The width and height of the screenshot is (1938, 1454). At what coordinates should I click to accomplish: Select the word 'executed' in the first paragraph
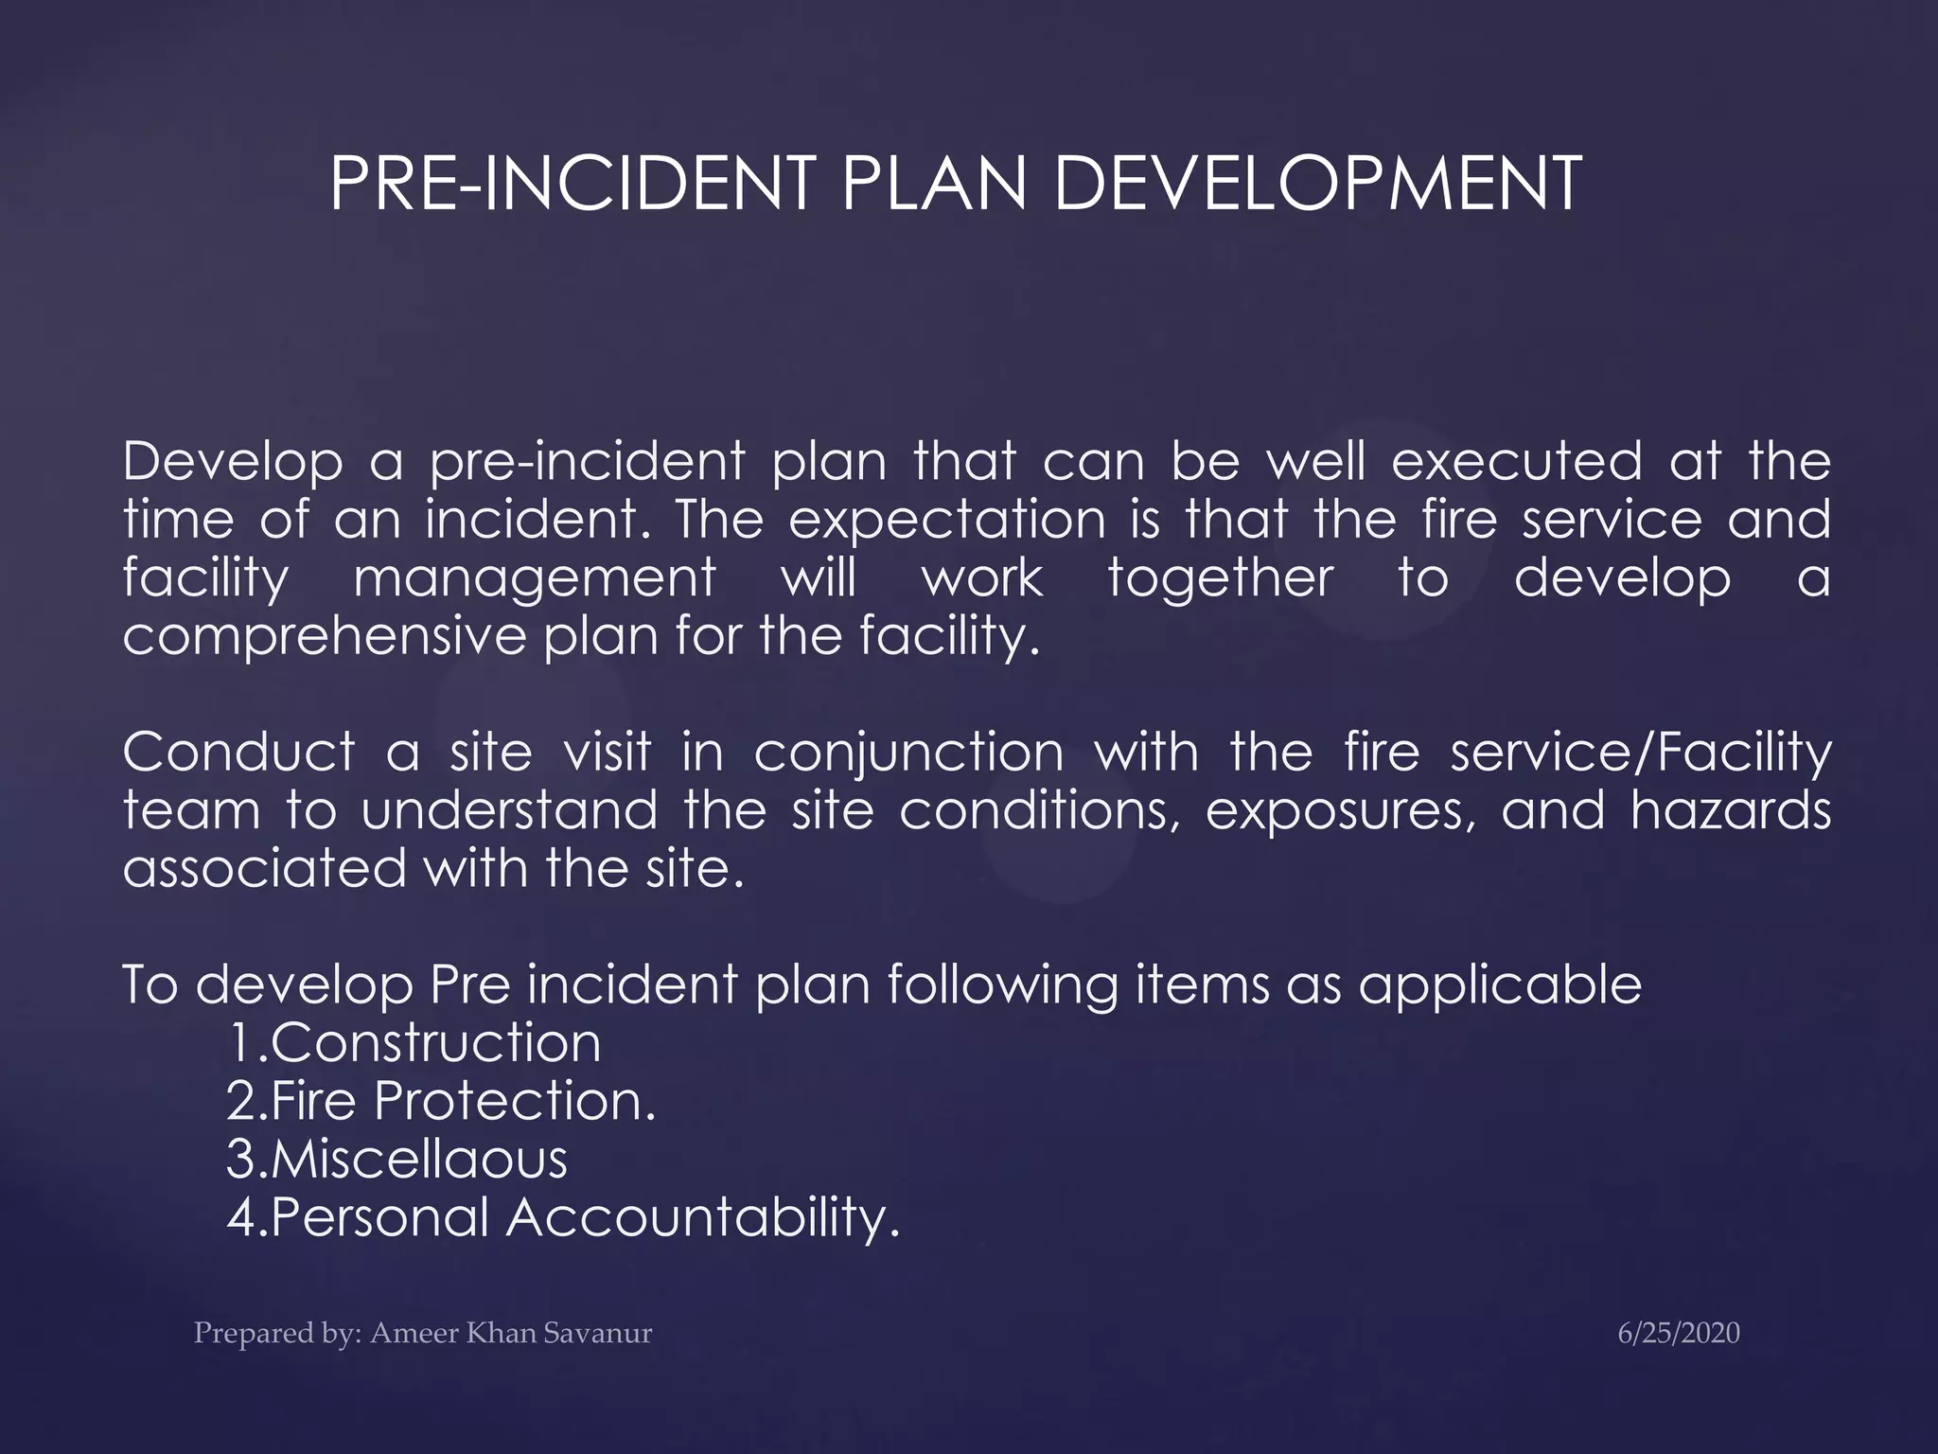click(1517, 462)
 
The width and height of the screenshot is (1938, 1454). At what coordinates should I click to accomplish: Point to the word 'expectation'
click(946, 520)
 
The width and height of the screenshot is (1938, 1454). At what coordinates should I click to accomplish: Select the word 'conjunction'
click(909, 754)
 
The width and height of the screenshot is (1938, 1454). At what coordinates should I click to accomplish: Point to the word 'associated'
click(265, 868)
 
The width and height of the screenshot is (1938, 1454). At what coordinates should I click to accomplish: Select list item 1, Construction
click(414, 1043)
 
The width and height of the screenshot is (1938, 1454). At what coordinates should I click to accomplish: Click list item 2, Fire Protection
click(441, 1101)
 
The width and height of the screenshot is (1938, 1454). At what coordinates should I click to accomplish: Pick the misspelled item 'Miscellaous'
click(397, 1160)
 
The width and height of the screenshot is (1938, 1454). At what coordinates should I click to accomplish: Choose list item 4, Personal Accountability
click(563, 1217)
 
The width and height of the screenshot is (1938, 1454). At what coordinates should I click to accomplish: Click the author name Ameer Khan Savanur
click(511, 1333)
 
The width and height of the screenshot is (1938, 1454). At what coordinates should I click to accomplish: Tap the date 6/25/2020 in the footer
click(1679, 1333)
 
